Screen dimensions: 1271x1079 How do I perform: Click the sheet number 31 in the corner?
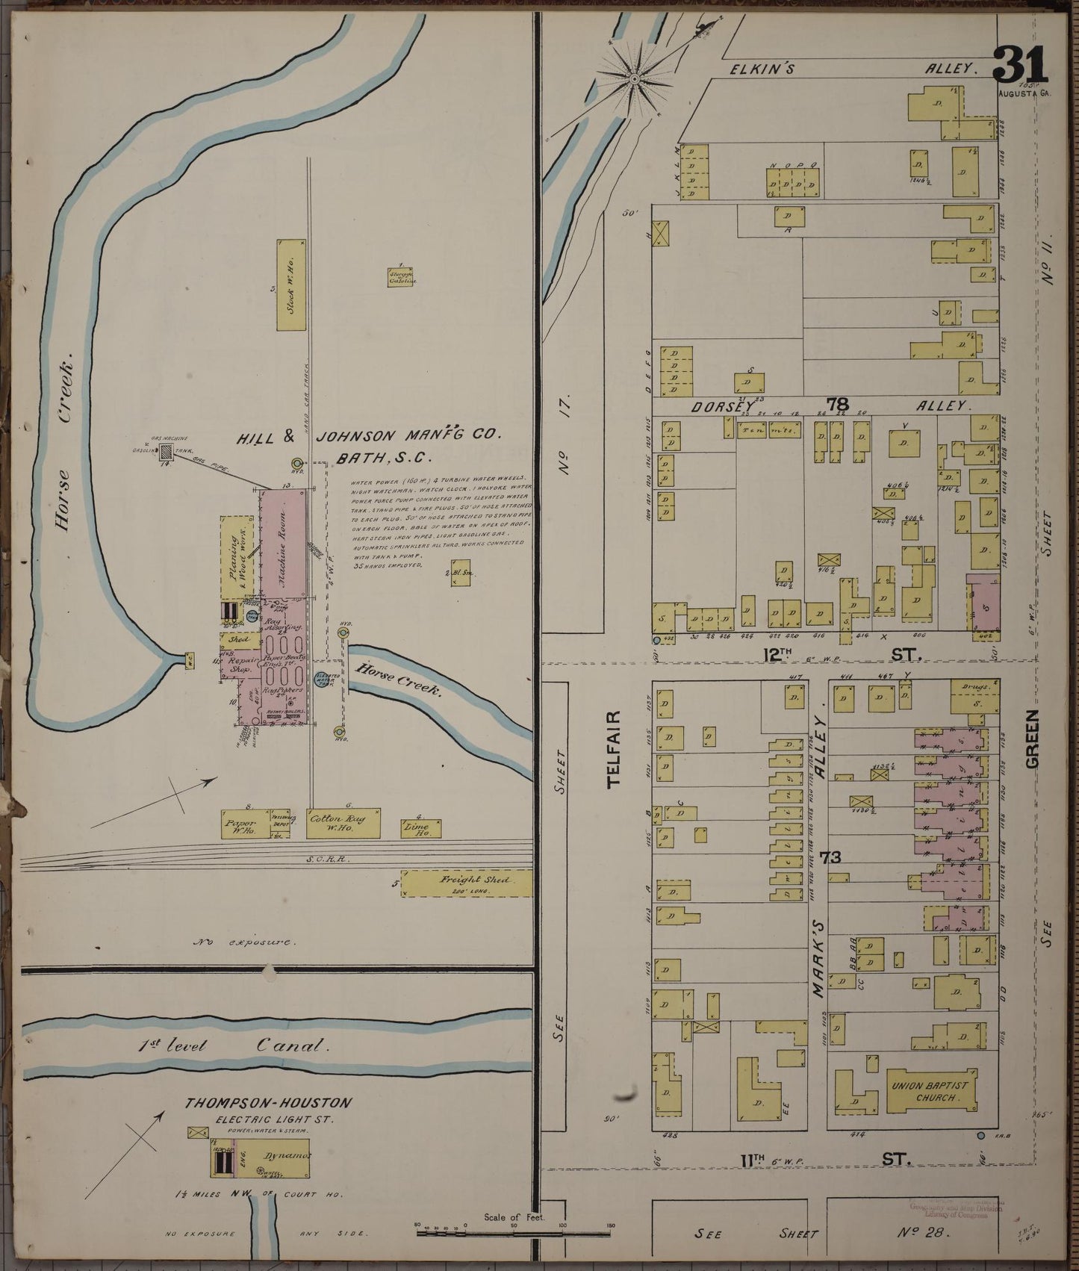(1020, 66)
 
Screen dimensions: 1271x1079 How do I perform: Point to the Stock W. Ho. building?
(290, 285)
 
